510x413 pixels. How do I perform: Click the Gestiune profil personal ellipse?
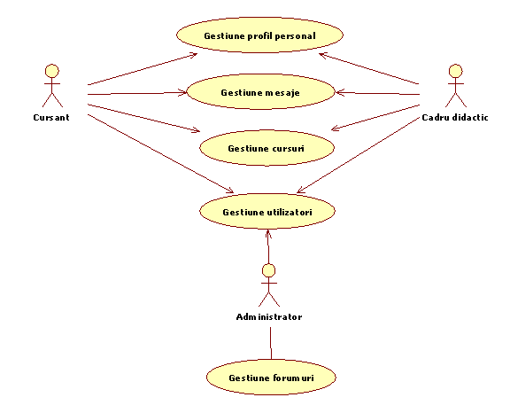point(260,35)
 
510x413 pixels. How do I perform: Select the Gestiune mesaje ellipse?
point(260,92)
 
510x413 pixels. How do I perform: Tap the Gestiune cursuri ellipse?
point(267,148)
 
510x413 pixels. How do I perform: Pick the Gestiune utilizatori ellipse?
point(267,212)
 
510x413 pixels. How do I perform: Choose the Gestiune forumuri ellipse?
point(271,378)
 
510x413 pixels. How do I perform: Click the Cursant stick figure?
point(52,86)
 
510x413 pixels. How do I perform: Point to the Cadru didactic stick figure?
point(456,86)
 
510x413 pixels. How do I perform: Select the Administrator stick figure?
point(269,285)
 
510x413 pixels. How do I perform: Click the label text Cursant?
point(51,118)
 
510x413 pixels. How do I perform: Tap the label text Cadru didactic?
point(455,118)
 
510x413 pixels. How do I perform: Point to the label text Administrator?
point(269,317)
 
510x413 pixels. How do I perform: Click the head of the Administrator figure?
point(269,270)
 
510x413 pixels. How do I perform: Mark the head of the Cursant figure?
point(52,71)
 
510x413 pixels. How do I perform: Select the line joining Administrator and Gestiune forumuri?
point(271,343)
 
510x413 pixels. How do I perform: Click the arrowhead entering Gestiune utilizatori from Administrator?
point(268,234)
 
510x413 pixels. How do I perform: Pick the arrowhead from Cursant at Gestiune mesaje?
point(182,93)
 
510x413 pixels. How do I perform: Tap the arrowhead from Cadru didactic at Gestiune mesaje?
point(340,92)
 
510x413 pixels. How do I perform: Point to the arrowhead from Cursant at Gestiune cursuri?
point(196,129)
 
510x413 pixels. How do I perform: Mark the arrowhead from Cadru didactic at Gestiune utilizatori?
point(301,190)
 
